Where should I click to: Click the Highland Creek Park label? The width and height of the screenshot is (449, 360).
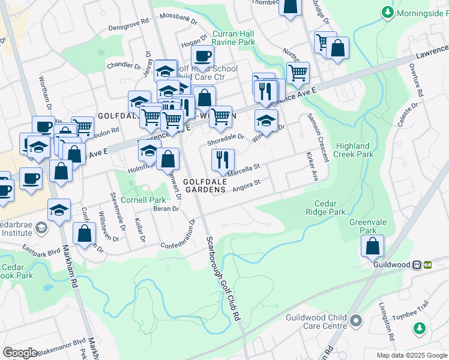pyautogui.click(x=355, y=150)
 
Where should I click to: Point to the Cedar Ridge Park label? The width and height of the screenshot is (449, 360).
pyautogui.click(x=325, y=208)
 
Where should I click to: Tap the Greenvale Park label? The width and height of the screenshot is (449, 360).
pyautogui.click(x=363, y=226)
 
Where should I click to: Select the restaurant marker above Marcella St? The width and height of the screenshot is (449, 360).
pyautogui.click(x=221, y=160)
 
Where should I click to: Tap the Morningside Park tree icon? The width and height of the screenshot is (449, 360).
pyautogui.click(x=388, y=12)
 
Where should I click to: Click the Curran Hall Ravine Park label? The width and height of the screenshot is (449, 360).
pyautogui.click(x=234, y=38)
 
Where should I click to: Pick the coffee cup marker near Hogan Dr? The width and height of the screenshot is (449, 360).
pyautogui.click(x=202, y=56)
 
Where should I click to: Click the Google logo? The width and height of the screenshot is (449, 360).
pyautogui.click(x=20, y=353)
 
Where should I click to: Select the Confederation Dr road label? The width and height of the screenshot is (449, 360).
pyautogui.click(x=178, y=235)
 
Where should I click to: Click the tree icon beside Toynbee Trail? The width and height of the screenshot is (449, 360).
pyautogui.click(x=418, y=329)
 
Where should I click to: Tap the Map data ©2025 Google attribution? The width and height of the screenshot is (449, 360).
pyautogui.click(x=412, y=355)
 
